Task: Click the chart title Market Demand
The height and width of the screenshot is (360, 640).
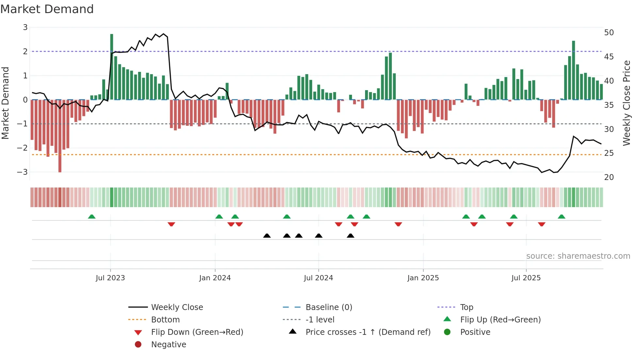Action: [x=47, y=9]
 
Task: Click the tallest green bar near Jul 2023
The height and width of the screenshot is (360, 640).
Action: [x=112, y=67]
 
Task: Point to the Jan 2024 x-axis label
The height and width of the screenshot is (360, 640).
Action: [x=215, y=278]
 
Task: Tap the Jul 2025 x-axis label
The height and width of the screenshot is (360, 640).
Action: [x=526, y=278]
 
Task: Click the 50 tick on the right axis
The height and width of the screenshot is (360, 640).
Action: [x=609, y=33]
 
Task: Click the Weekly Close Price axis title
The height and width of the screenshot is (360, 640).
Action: [x=626, y=103]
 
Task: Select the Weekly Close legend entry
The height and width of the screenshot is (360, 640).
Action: [x=177, y=307]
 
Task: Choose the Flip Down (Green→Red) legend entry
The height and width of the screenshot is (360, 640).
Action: [x=197, y=332]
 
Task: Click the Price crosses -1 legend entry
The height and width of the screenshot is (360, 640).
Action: [x=368, y=332]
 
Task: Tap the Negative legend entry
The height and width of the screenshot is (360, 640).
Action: [x=168, y=345]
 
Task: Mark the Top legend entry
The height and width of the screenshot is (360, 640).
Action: [x=467, y=307]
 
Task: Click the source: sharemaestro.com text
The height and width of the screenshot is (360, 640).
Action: [x=578, y=256]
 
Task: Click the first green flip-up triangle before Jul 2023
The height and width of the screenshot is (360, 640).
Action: [x=92, y=217]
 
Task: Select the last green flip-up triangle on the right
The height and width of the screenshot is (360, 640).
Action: [x=562, y=217]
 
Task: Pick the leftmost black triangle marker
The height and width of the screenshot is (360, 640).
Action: [x=267, y=236]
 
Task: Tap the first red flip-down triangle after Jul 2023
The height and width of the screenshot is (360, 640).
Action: [x=171, y=224]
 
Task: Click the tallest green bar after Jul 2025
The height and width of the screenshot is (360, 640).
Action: [x=574, y=70]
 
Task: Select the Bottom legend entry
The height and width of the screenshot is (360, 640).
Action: [x=165, y=320]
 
